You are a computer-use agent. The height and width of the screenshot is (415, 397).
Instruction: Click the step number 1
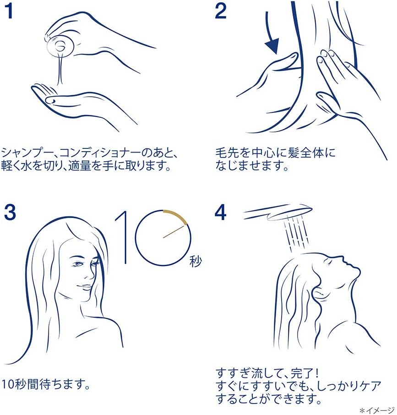pos(10,11)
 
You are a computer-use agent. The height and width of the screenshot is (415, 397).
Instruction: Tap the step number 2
pos(220,11)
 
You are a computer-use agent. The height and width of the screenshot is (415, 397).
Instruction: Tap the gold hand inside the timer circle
pos(174,232)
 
